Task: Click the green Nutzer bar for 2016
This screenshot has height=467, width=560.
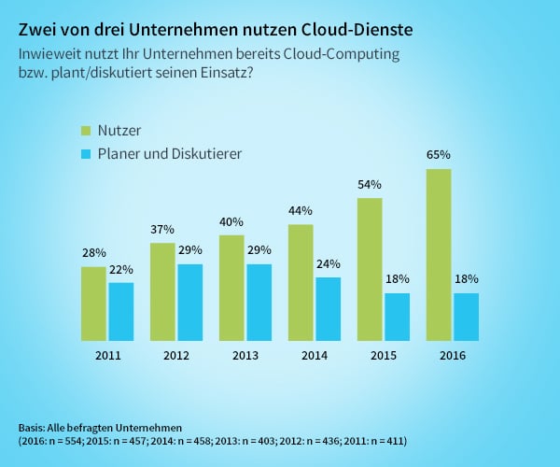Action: coord(438,254)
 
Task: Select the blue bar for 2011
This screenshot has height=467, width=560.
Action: coord(121,311)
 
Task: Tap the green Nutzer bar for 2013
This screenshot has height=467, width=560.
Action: coord(232,288)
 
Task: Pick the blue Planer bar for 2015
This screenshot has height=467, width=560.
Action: coord(397,317)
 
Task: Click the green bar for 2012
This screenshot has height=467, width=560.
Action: coord(163,291)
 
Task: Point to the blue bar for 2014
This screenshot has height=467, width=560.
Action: coord(328,308)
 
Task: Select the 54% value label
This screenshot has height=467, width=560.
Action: coord(370,184)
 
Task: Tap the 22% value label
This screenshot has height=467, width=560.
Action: coord(121,269)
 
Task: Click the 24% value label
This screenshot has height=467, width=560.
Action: coord(328,263)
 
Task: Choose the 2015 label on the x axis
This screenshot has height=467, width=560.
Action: coord(384,355)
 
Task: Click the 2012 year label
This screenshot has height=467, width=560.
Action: coord(176,355)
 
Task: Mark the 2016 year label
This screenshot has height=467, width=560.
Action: coord(452,355)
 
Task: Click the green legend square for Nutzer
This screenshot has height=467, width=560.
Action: coord(85,130)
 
